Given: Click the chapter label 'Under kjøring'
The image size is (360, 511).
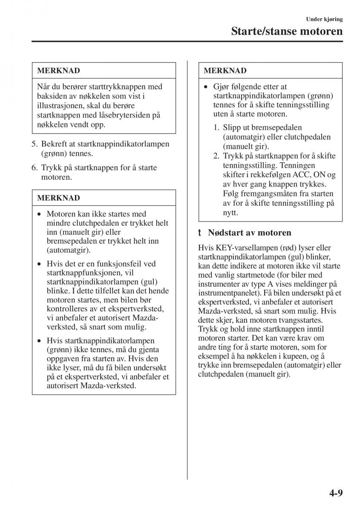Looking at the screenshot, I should click(324, 19).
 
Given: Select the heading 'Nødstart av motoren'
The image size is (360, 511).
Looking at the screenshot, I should click(250, 233).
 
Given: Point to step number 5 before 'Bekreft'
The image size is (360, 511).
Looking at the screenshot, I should click(34, 144).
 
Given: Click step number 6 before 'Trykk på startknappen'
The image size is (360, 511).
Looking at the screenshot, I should click(34, 168).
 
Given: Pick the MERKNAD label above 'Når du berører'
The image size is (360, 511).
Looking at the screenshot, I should click(58, 70).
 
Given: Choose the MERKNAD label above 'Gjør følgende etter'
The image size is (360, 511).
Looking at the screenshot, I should click(225, 70).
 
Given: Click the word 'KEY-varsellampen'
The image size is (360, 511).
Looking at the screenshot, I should click(241, 248).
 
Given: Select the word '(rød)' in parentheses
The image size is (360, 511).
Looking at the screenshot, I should click(279, 248).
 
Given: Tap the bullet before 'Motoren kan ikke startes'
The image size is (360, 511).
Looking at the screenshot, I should click(39, 214).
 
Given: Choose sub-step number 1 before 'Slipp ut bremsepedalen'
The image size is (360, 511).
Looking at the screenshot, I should click(216, 128).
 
